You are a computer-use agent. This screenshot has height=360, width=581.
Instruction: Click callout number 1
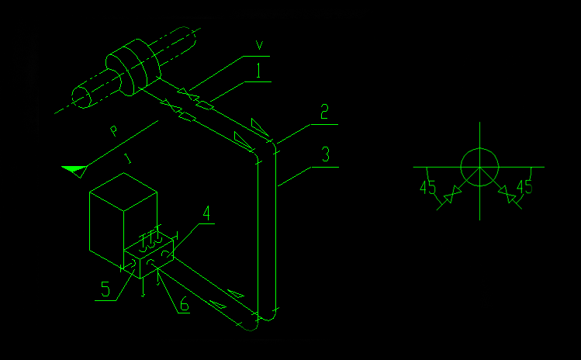coord(258,71)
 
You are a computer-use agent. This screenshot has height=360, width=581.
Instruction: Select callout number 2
coord(324,112)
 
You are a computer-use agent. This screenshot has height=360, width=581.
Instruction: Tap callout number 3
coord(326,154)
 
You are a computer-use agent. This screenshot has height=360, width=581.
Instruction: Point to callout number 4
coord(206,213)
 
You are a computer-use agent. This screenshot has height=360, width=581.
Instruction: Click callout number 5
coord(105,289)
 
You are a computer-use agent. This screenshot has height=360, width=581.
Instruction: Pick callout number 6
coord(185,304)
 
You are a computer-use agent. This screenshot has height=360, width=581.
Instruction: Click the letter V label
coord(259,45)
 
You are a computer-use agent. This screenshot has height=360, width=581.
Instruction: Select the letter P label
coord(114,130)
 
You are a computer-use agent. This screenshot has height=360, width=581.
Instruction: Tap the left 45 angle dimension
coord(428,188)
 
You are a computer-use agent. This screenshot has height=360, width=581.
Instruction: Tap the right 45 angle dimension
coord(524,187)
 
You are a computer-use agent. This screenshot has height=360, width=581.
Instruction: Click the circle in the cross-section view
coord(480,168)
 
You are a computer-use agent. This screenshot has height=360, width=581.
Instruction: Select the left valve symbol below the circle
coord(452,194)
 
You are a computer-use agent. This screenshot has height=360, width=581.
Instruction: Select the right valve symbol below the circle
coord(507,194)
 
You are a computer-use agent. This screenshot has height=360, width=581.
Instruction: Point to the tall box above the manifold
coord(123,220)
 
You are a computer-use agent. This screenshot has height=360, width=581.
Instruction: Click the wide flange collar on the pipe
coord(133,67)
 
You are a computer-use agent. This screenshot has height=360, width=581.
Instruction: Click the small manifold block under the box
coord(149,257)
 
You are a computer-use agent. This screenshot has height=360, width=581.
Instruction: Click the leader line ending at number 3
coord(295,176)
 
